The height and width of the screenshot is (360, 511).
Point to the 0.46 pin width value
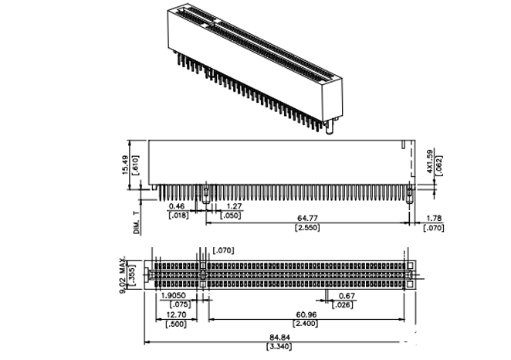coord(177,207)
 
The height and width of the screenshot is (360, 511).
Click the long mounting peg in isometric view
coord(330,125)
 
